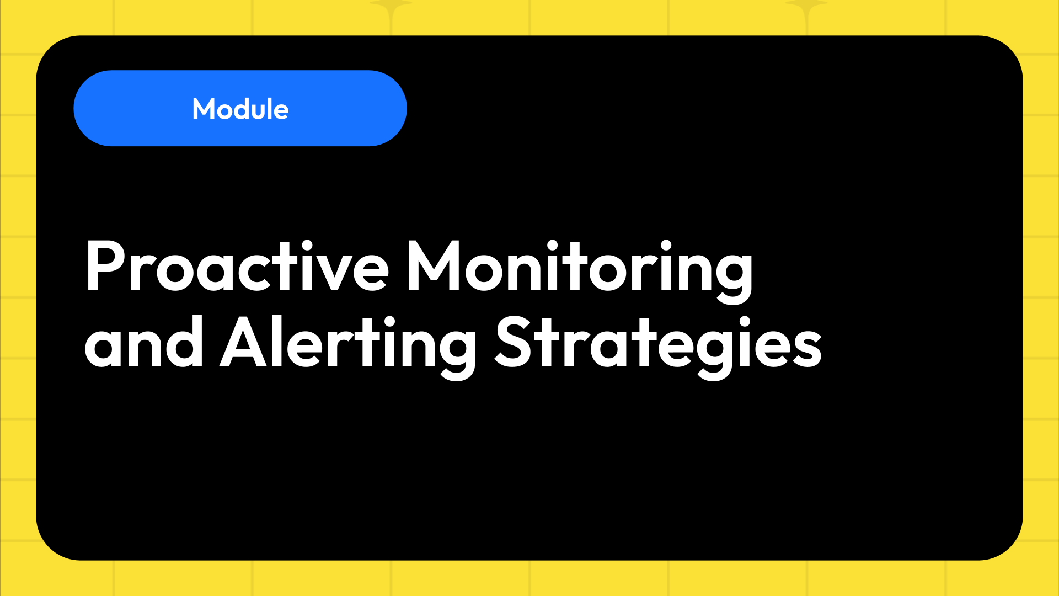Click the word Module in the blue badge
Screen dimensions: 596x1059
click(240, 109)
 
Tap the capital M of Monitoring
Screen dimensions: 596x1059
click(433, 266)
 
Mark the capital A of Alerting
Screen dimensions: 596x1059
click(243, 342)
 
